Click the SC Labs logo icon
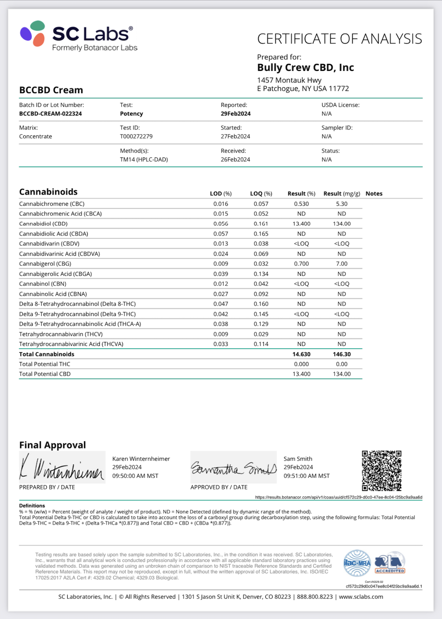pyautogui.click(x=32, y=33)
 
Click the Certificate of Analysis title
pyautogui.click(x=340, y=39)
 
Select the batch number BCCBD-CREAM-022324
pyautogui.click(x=50, y=114)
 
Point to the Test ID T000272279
pyautogui.click(x=136, y=137)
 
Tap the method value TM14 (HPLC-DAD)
pyautogui.click(x=144, y=159)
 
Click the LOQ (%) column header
pyautogui.click(x=261, y=194)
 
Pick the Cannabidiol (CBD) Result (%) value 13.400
pyautogui.click(x=301, y=224)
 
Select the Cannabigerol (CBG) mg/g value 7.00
pyautogui.click(x=342, y=264)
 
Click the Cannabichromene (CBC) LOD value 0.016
pyautogui.click(x=221, y=204)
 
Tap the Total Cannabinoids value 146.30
pyautogui.click(x=342, y=354)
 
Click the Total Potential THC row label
pyautogui.click(x=45, y=364)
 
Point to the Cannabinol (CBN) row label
pyautogui.click(x=43, y=284)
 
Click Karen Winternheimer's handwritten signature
pyautogui.click(x=62, y=468)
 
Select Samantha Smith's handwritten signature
pyautogui.click(x=233, y=468)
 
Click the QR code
pyautogui.click(x=382, y=471)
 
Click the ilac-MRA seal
pyautogui.click(x=357, y=563)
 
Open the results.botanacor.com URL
pyautogui.click(x=339, y=497)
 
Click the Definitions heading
pyautogui.click(x=32, y=506)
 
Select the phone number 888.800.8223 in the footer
pyautogui.click(x=315, y=597)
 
